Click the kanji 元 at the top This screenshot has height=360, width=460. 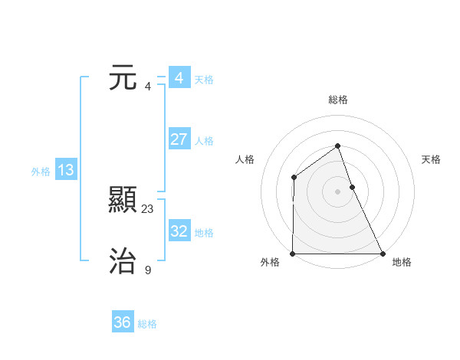(123, 78)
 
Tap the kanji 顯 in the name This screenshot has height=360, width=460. (123, 201)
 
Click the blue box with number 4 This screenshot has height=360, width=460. (179, 78)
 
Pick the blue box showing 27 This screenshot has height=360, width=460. (179, 139)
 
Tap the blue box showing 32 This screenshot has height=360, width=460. (179, 231)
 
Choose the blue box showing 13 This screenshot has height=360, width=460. (66, 170)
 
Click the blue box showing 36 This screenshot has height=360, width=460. (123, 322)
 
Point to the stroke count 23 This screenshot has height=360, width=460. (148, 208)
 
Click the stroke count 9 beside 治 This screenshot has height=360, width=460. (148, 270)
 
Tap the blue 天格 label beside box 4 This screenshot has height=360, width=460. (204, 80)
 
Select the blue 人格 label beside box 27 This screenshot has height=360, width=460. (204, 141)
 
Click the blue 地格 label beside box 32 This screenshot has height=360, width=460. (204, 232)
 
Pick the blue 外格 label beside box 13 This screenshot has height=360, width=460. (41, 172)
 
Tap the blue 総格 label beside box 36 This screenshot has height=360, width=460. (147, 324)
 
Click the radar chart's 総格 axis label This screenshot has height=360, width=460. (337, 100)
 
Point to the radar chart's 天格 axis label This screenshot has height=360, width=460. (432, 159)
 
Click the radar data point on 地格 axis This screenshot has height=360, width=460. (382, 254)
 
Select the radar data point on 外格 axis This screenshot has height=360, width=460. (293, 254)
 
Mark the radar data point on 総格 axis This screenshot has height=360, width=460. (337, 146)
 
